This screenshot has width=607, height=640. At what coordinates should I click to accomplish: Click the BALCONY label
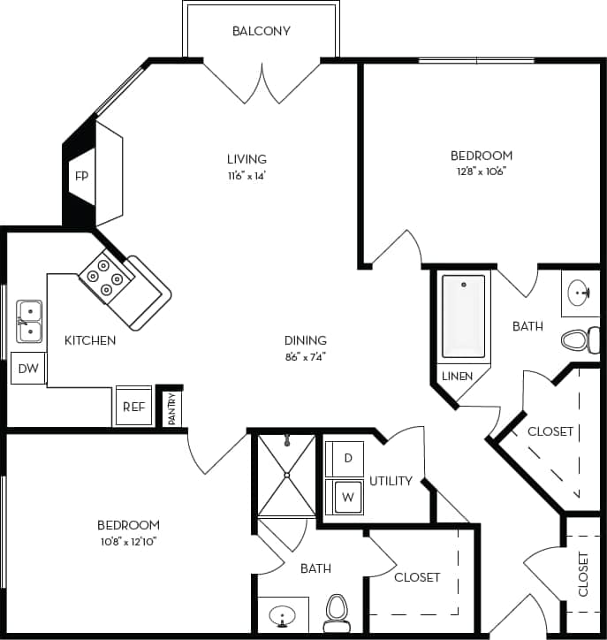tap(261, 31)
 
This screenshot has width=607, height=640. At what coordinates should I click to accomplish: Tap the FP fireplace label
tap(81, 176)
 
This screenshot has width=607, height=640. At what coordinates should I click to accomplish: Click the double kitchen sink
tap(29, 322)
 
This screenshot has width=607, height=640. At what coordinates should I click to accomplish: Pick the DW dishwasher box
tap(28, 368)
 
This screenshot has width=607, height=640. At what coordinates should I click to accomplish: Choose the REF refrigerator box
tap(133, 407)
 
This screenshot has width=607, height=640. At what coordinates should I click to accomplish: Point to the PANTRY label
tap(172, 408)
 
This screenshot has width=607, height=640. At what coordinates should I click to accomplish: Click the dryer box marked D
tap(347, 458)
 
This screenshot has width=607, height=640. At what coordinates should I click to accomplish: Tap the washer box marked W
tap(347, 497)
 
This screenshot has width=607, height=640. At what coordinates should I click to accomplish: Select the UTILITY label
tap(391, 481)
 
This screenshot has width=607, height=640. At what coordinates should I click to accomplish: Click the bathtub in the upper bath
tap(463, 316)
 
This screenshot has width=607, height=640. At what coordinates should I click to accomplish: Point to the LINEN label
tap(458, 376)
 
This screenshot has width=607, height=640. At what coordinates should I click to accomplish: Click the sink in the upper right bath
tap(580, 293)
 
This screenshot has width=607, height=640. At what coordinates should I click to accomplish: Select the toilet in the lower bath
tap(337, 610)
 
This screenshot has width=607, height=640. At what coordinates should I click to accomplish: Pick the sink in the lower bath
tap(284, 614)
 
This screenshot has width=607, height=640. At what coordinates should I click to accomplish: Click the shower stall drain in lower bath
tap(286, 476)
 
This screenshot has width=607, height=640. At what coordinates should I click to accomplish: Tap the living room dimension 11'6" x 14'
tap(247, 175)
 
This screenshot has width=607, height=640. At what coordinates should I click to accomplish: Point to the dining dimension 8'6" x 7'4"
tap(305, 356)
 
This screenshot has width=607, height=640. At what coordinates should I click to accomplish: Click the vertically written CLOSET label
tap(583, 574)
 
